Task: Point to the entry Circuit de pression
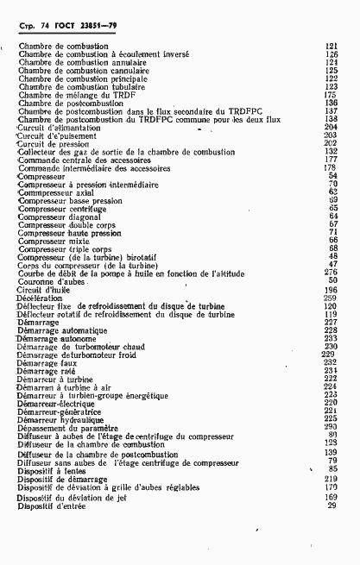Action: coord(52,143)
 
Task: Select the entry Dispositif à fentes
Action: coord(53,468)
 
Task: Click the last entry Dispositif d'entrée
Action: coord(53,506)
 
